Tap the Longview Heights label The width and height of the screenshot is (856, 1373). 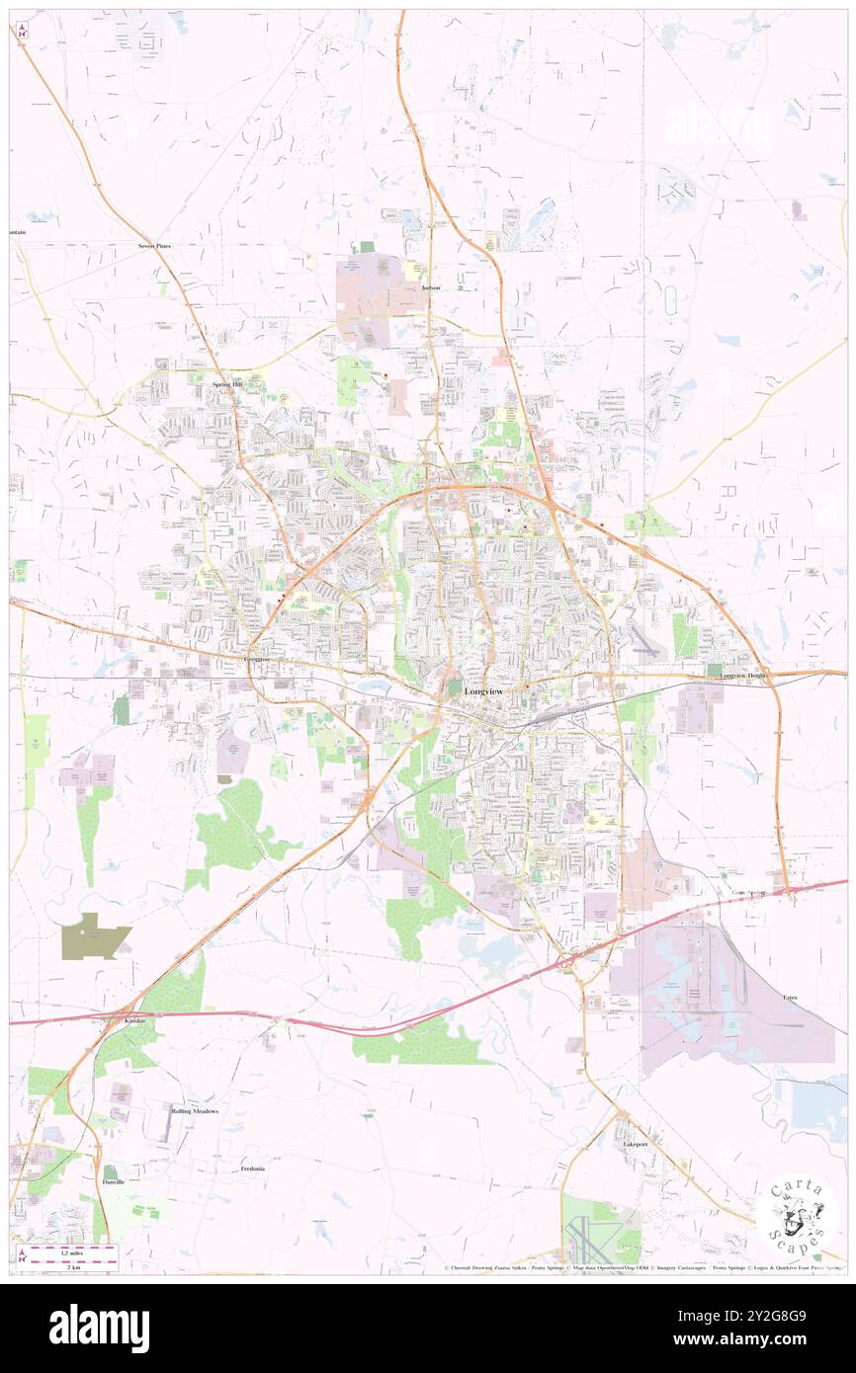click(744, 676)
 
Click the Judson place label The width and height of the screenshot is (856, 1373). click(430, 287)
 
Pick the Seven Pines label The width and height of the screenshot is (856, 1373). click(154, 245)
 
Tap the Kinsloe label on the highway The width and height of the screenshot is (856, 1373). click(135, 1019)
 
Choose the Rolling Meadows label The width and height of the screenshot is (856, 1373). click(195, 1111)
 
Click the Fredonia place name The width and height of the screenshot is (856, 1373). click(253, 1169)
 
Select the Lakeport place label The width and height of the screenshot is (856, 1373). click(635, 1144)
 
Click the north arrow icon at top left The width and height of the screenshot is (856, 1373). click(23, 32)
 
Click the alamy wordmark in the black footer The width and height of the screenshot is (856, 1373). click(99, 1329)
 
